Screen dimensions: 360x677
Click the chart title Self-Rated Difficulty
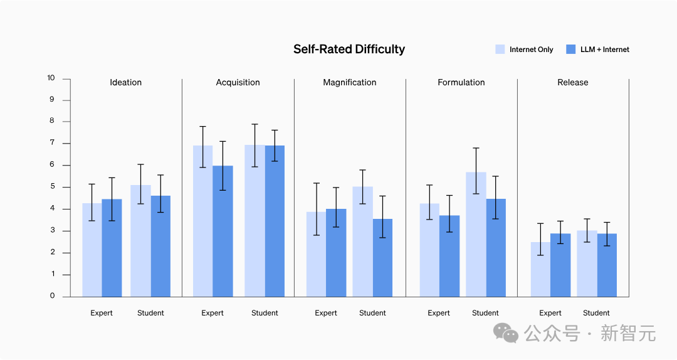349,50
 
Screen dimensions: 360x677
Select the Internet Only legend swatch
500,50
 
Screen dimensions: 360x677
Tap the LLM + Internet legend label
604,50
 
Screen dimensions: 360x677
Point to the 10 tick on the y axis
51,78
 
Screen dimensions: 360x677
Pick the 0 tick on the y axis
52,296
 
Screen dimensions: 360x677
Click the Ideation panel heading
125,82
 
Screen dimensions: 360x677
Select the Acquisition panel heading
238,82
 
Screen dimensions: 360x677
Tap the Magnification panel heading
350,82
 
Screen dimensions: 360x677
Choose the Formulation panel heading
461,82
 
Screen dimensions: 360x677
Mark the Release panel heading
573,82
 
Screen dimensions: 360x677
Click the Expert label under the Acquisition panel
213,313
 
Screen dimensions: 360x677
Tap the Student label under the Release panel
596,313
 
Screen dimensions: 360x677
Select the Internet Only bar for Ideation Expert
92,251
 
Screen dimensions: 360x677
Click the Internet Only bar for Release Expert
540,270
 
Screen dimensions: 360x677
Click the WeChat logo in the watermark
506,333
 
